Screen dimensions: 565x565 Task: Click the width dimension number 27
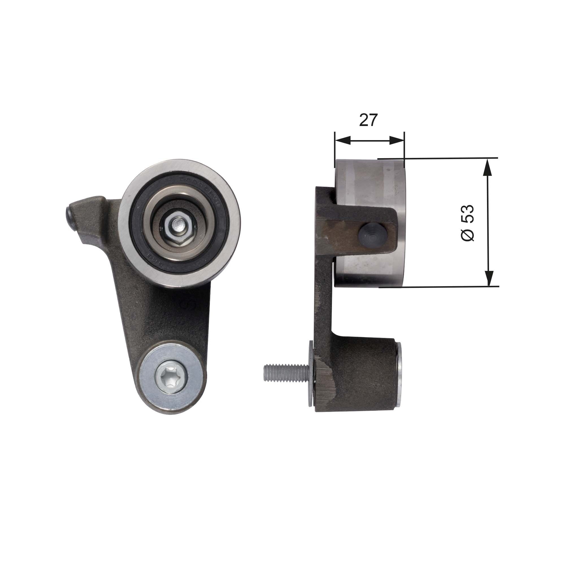368,120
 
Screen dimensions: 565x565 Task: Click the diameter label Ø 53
467,223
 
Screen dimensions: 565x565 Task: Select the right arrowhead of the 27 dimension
397,140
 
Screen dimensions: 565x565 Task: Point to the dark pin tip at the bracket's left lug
69,217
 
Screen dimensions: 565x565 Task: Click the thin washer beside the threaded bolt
310,374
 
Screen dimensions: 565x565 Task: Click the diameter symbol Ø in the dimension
467,235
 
